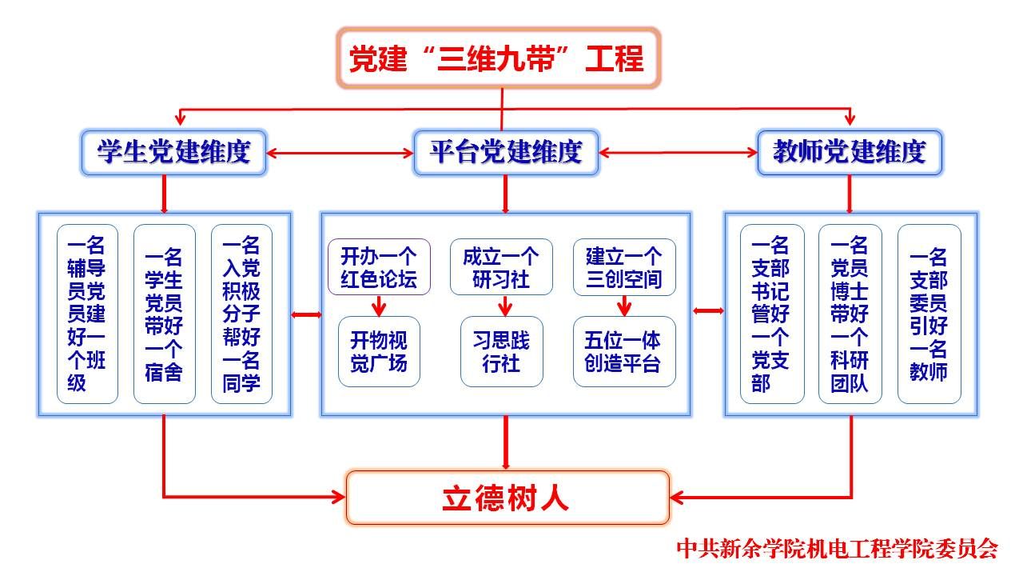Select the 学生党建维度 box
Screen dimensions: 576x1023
(173, 152)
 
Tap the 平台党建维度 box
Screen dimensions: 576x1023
(505, 152)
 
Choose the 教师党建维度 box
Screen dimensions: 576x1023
(849, 152)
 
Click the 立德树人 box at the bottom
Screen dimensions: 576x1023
(508, 498)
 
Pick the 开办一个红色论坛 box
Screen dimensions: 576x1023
(379, 267)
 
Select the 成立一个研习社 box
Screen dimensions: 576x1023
(501, 267)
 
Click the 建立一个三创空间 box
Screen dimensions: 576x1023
(624, 267)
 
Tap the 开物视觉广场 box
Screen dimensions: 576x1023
(379, 352)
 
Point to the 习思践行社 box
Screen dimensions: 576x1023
(501, 352)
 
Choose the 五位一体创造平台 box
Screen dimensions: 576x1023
(624, 352)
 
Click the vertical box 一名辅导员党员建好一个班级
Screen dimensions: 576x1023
(87, 314)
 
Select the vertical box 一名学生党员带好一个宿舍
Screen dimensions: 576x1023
(165, 314)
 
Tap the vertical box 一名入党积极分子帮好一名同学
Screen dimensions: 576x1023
(241, 314)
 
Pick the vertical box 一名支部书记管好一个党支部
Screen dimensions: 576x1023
(771, 314)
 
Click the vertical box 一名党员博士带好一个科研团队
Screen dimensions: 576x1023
(850, 314)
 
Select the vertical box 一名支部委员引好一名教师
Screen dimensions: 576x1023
(929, 314)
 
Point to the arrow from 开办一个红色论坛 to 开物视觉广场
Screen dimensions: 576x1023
(379, 306)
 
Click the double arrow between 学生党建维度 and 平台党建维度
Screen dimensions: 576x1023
(340, 152)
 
